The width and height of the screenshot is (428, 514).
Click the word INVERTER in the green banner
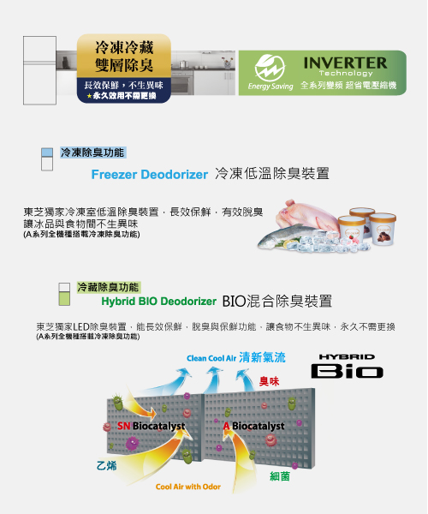point(345,63)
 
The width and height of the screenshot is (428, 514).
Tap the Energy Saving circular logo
point(270,69)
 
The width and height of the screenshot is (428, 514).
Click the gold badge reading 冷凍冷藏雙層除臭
point(124,56)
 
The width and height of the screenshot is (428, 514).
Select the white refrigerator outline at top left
point(39,70)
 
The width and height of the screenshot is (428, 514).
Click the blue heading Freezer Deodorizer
point(149,175)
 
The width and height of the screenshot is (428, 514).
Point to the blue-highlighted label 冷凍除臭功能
point(92,152)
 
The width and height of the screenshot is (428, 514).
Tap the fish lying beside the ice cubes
point(288,236)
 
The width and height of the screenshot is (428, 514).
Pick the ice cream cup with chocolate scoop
point(383,229)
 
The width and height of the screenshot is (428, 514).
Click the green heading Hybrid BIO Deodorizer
point(159,301)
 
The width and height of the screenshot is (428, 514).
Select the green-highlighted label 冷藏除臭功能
point(109,287)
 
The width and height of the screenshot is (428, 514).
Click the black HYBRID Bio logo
point(348,366)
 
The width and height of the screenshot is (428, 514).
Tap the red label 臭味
point(269,381)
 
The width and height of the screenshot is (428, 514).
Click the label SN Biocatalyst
point(152,426)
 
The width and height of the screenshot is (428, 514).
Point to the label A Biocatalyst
point(253,426)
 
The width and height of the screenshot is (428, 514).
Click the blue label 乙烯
point(107,465)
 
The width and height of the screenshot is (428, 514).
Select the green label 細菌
point(280,476)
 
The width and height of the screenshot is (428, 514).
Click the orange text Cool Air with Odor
point(188,487)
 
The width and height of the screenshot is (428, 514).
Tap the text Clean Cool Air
point(211,358)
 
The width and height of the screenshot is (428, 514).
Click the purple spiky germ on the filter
point(133,444)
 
